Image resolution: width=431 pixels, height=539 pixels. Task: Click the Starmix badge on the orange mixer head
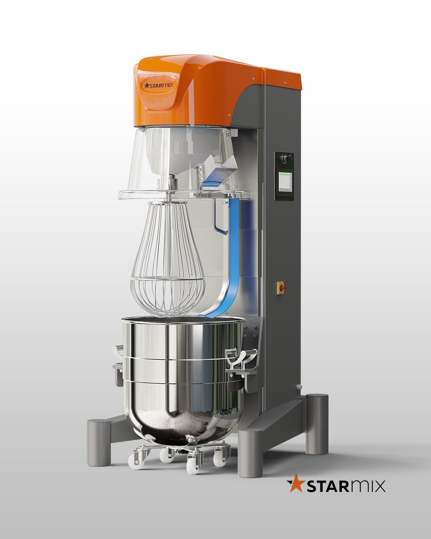[158, 85]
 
